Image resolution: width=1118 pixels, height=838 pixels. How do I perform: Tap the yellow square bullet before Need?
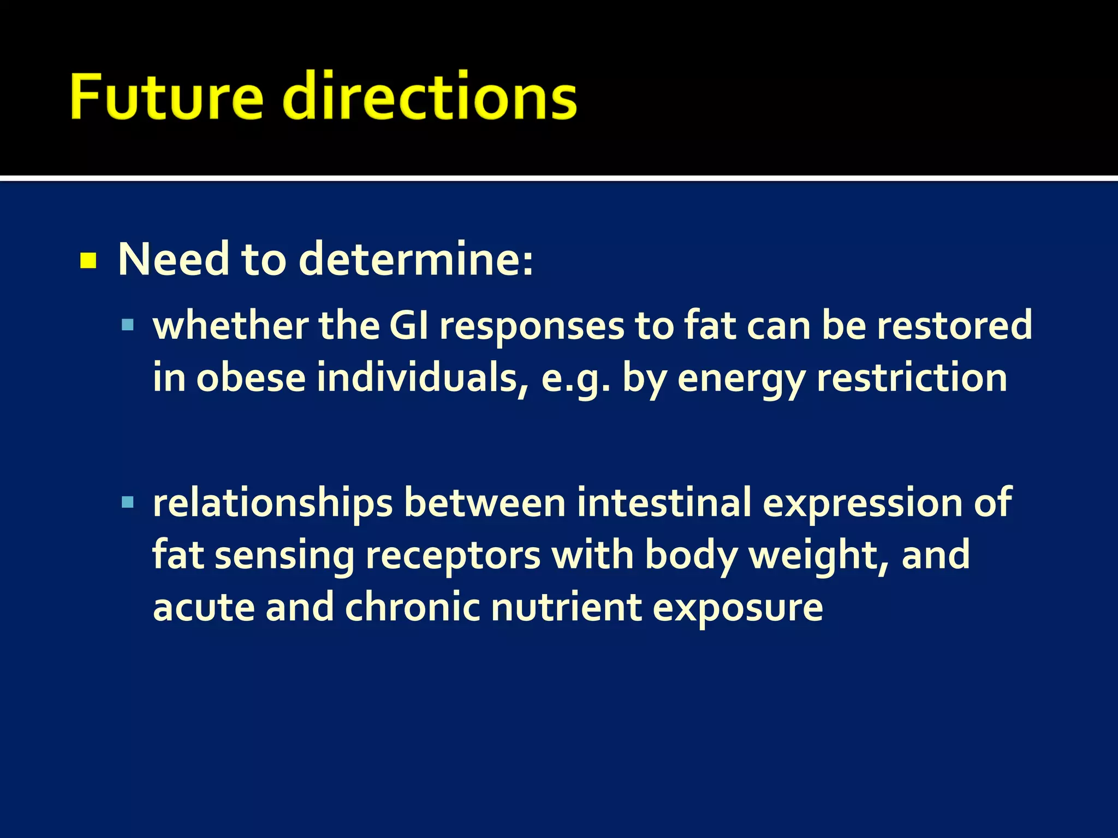pyautogui.click(x=88, y=261)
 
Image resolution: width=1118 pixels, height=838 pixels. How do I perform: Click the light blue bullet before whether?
pyautogui.click(x=128, y=326)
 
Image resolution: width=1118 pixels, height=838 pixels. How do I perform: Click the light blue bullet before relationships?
pyautogui.click(x=128, y=502)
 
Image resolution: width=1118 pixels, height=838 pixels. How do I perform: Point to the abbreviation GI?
pyautogui.click(x=409, y=326)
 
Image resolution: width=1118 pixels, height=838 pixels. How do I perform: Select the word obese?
pyautogui.click(x=251, y=378)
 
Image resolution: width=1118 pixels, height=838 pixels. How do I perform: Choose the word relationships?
pyautogui.click(x=272, y=503)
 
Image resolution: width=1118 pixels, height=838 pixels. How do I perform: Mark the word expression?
pyautogui.click(x=863, y=504)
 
